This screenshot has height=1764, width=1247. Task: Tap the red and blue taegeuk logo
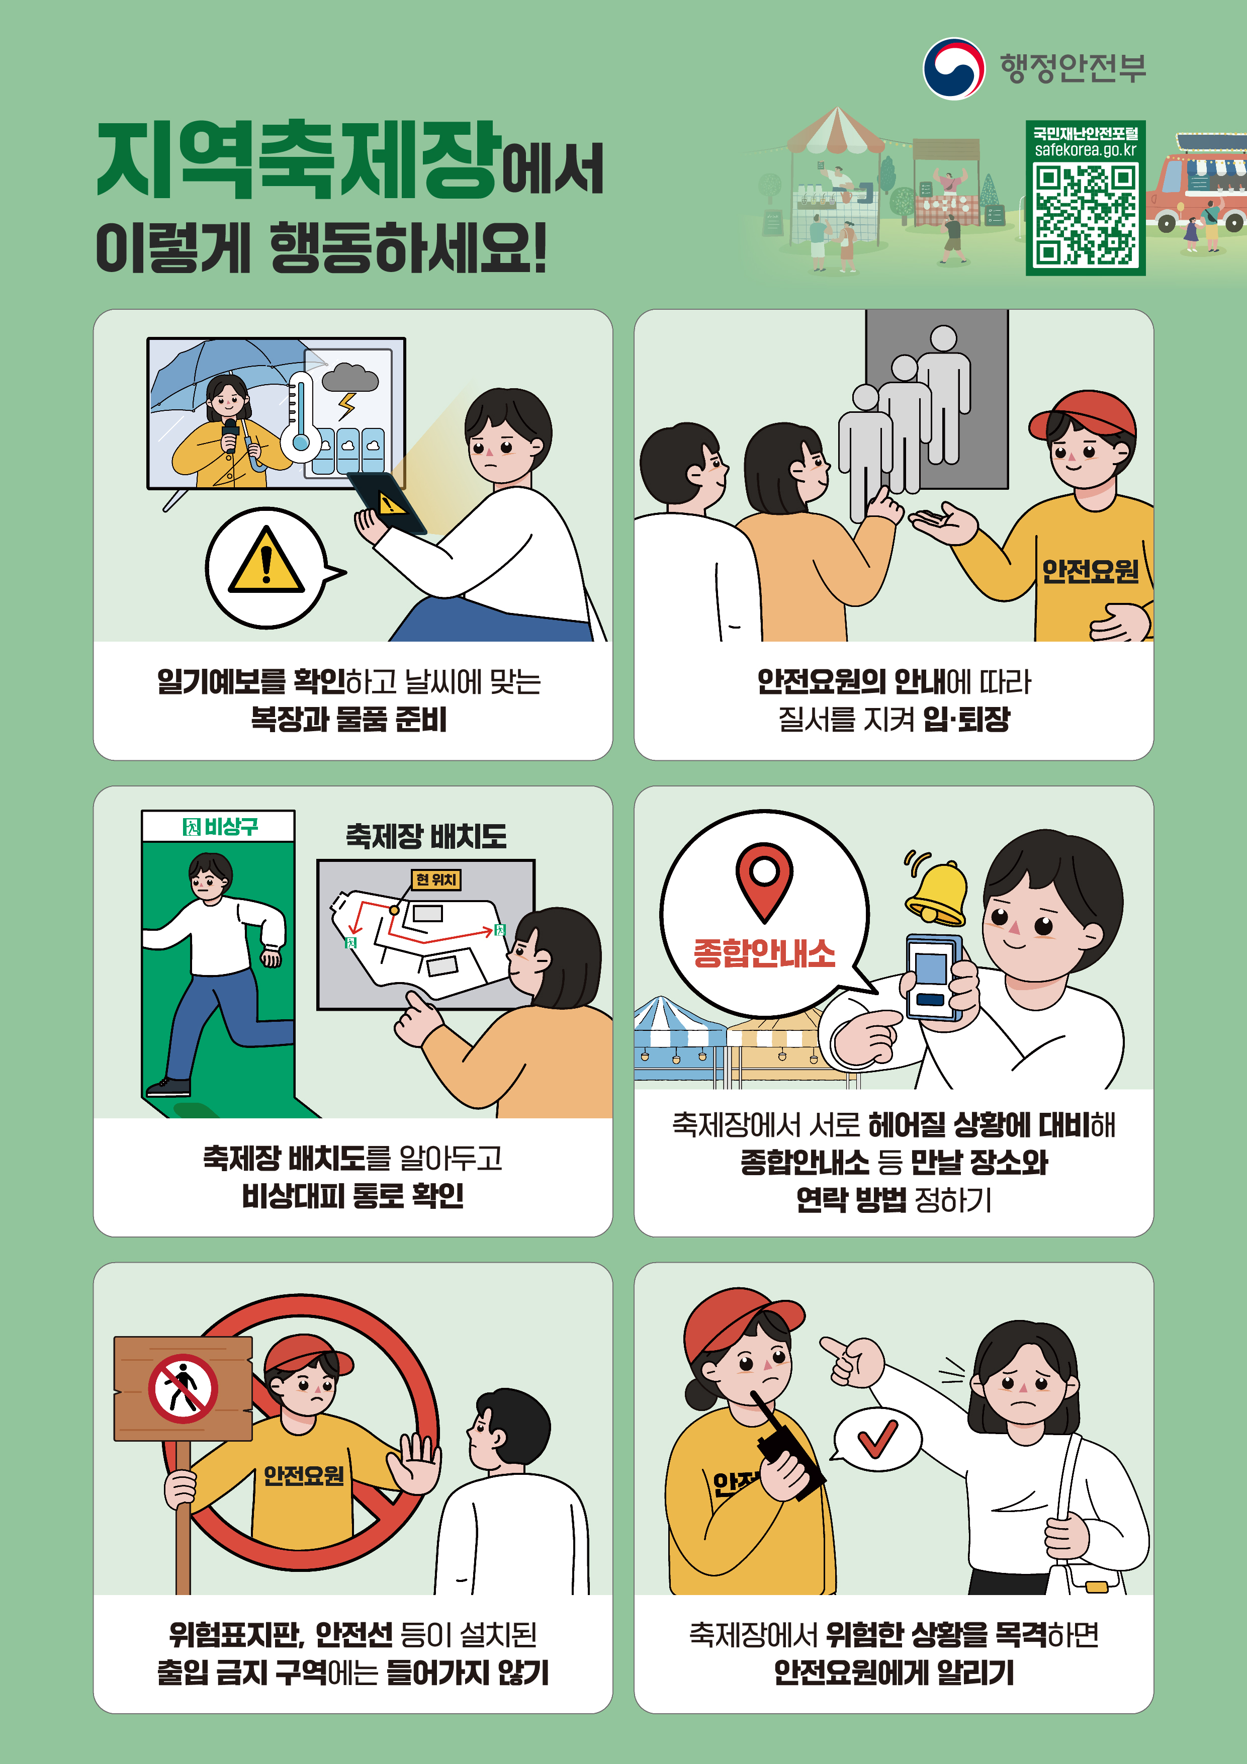pyautogui.click(x=953, y=68)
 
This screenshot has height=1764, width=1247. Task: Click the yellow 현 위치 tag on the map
pyautogui.click(x=435, y=879)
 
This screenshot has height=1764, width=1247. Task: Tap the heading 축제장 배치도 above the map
pyautogui.click(x=426, y=835)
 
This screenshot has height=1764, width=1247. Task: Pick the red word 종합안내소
pyautogui.click(x=764, y=953)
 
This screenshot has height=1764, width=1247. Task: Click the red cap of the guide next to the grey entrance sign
pyautogui.click(x=1084, y=417)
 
